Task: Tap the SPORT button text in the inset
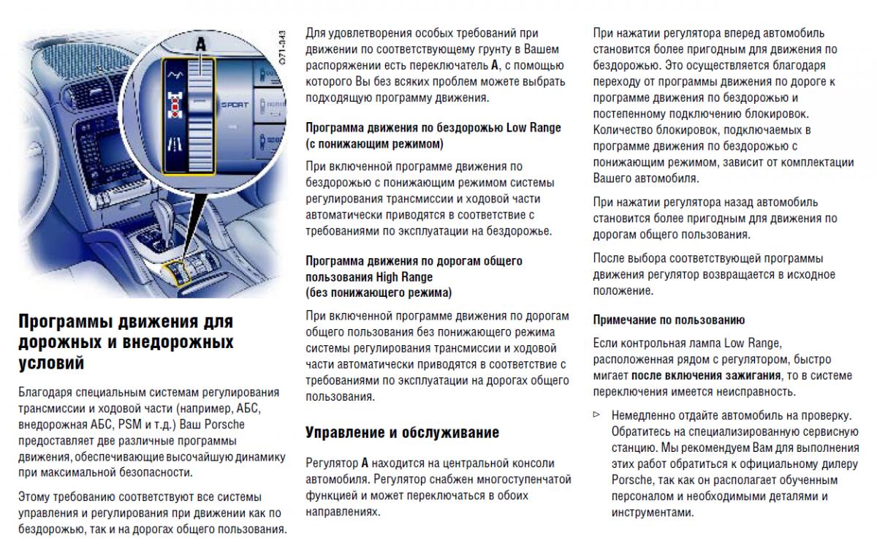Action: coord(235,105)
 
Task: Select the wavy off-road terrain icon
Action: coord(174,75)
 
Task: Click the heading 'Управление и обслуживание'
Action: coord(402,432)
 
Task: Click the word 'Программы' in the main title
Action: coord(64,322)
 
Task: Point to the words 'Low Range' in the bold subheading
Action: coord(534,127)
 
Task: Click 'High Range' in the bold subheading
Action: coord(404,277)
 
